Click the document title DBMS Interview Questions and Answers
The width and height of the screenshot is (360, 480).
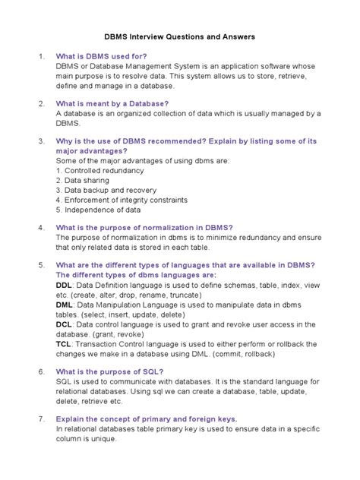[179, 36]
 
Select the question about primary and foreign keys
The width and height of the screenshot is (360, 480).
[147, 418]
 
